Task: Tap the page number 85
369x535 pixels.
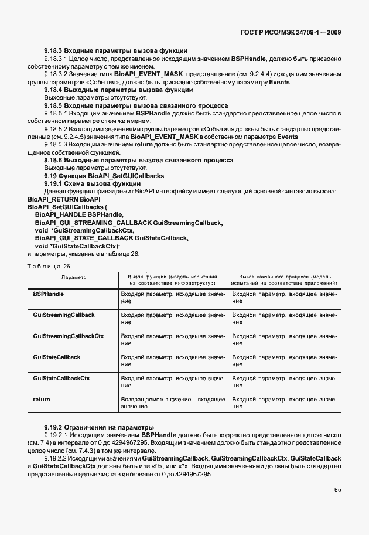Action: tap(337, 490)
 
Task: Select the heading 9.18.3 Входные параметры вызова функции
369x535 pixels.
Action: tap(115, 51)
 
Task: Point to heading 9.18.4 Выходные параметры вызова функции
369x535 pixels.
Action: tap(118, 90)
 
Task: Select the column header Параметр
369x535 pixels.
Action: tap(74, 277)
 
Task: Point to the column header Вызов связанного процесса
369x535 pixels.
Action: tap(284, 280)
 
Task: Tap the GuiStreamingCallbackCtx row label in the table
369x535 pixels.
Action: tap(69, 336)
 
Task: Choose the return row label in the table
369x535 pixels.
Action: tap(42, 399)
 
